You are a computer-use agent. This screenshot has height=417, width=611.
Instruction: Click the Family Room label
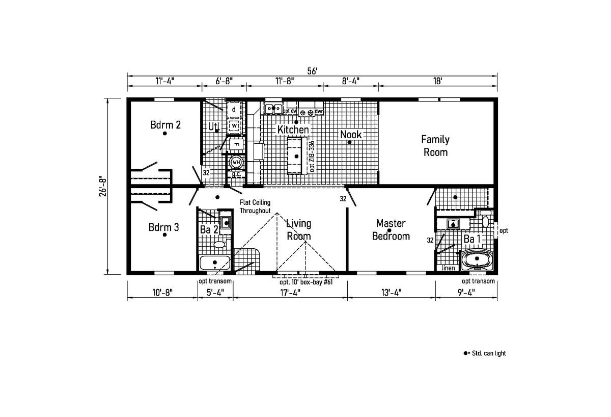[435, 146]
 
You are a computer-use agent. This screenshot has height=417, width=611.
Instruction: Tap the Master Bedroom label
[391, 230]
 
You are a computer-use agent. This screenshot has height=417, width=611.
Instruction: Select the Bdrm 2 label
[165, 125]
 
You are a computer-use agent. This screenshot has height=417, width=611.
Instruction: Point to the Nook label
[351, 135]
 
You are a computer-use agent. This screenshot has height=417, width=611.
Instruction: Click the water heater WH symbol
[236, 162]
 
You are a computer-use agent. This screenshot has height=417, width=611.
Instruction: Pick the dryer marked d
[234, 110]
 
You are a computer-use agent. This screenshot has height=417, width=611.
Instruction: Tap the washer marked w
[234, 125]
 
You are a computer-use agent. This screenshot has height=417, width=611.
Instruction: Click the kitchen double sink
[273, 109]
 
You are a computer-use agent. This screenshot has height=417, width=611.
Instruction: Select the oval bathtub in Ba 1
[477, 259]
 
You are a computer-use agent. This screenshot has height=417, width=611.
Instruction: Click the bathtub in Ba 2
[215, 263]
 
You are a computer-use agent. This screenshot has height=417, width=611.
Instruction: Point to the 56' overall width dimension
[312, 71]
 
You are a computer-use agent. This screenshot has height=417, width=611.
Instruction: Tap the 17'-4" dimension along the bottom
[290, 293]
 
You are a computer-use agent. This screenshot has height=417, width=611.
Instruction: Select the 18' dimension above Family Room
[437, 81]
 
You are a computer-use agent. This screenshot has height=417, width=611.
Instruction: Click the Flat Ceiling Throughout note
[255, 206]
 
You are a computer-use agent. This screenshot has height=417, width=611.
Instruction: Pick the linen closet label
[448, 268]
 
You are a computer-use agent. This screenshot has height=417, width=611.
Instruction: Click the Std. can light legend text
[489, 353]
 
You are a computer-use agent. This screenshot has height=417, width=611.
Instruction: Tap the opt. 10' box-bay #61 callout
[306, 282]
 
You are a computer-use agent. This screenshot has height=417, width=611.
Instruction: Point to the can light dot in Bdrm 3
[164, 234]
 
